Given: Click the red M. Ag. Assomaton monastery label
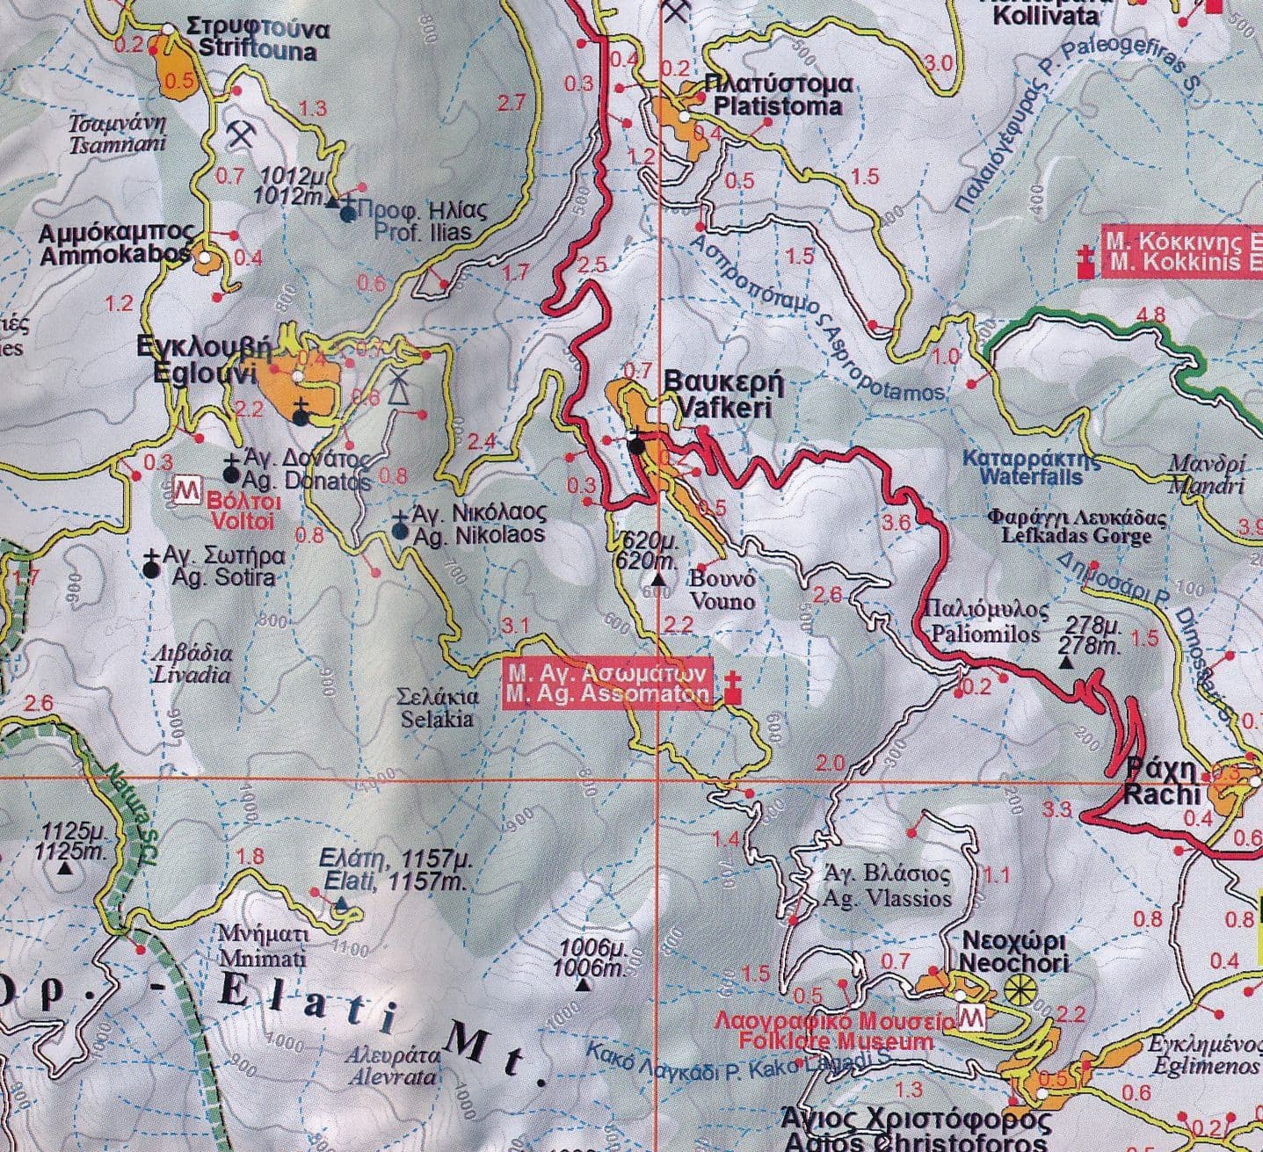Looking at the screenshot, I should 607,685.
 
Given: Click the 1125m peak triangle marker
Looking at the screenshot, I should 65,868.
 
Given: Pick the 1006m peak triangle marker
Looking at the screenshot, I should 582,984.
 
